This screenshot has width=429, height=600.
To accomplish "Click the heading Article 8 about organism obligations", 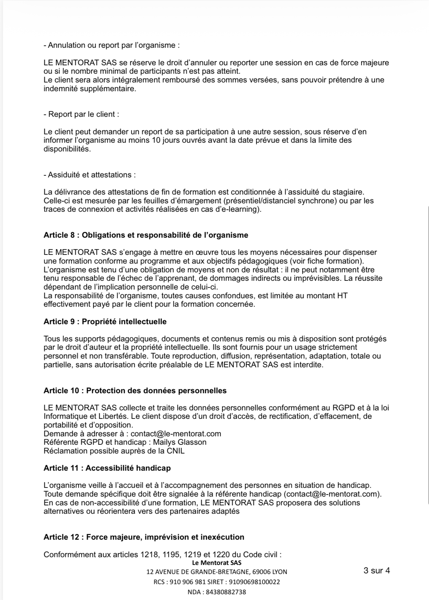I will [x=146, y=235].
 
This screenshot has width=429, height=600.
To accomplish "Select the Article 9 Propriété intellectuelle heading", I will [x=105, y=322].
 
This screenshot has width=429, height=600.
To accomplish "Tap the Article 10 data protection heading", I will [x=135, y=391].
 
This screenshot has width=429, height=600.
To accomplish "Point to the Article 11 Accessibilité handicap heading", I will [x=107, y=468].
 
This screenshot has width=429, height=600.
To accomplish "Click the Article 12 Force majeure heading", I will [x=144, y=537].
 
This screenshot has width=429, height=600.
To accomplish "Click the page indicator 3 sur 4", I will [x=376, y=570].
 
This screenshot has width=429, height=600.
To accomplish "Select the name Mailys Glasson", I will [x=180, y=442].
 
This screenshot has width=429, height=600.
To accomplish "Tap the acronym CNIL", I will [x=176, y=451].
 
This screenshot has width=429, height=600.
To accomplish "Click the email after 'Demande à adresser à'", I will [x=176, y=434].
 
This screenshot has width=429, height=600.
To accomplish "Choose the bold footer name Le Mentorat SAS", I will [x=217, y=563].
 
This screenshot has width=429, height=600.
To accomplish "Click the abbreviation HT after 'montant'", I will [x=342, y=296].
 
